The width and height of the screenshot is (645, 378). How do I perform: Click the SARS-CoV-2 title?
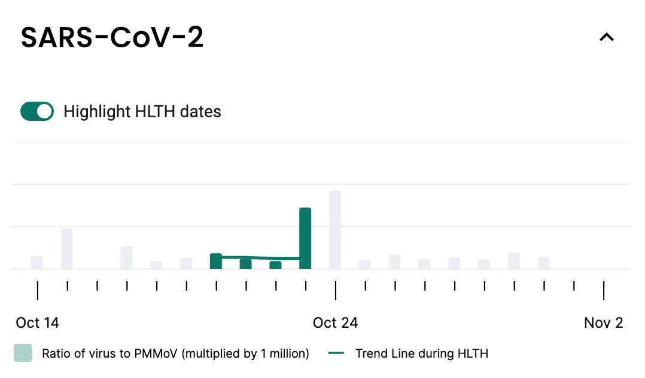click(112, 38)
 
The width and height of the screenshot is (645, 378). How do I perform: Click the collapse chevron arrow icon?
click(607, 38)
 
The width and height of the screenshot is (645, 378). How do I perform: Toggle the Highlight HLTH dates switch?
click(37, 111)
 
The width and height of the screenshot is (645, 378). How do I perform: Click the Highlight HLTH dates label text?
click(142, 112)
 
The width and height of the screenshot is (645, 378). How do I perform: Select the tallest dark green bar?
click(305, 239)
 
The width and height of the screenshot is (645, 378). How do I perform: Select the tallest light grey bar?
click(335, 230)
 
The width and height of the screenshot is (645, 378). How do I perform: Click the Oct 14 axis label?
click(38, 323)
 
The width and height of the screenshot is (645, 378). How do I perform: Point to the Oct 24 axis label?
click(335, 323)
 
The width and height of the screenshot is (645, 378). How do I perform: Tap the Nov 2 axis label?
click(604, 323)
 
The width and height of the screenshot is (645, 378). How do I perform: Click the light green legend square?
click(23, 353)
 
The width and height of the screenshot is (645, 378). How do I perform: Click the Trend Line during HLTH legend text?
click(422, 353)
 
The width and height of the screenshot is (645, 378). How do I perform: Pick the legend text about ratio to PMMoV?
click(175, 353)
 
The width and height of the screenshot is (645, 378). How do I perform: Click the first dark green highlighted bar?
click(216, 261)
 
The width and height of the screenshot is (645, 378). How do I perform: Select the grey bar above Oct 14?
click(37, 263)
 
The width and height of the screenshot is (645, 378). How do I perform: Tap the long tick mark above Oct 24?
click(335, 291)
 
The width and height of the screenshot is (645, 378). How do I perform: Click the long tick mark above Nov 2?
click(604, 291)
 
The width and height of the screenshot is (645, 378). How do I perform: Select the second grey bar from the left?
click(67, 249)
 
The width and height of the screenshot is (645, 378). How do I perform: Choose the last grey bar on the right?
click(543, 263)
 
